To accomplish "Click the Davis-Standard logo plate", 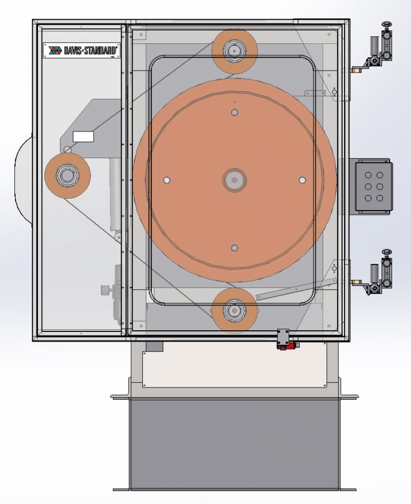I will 81,50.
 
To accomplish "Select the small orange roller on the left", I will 67,174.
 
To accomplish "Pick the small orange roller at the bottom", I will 234,310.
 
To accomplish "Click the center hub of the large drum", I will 234,180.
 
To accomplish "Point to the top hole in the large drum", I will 234,112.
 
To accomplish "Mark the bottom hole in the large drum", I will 234,247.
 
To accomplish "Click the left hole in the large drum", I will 167,180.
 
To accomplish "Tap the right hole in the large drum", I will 302,180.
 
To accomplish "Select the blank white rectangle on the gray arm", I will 83,136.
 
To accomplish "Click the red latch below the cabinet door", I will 284,345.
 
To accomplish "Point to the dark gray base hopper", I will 234,444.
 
